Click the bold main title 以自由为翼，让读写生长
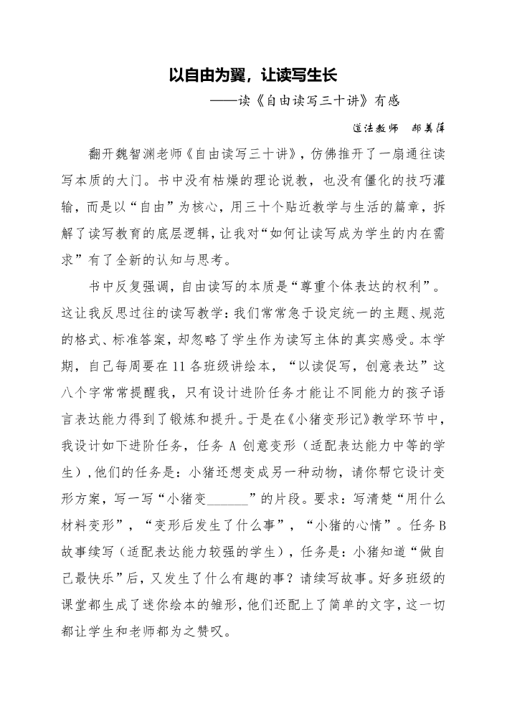pyautogui.click(x=253, y=74)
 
